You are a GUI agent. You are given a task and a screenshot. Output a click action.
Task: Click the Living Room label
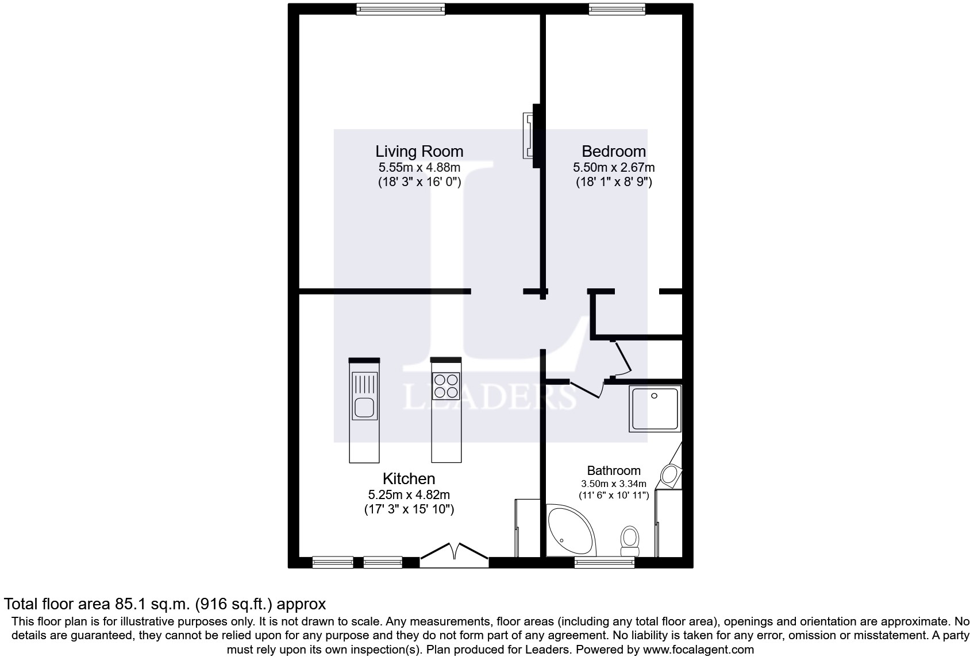coord(419,152)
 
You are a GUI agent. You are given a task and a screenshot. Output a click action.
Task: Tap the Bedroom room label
coord(613,152)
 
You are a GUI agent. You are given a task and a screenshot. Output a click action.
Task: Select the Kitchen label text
coord(409,479)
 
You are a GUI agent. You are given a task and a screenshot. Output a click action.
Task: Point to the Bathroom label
coord(613,471)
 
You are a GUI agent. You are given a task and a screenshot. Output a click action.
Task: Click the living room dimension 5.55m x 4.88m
coord(419,168)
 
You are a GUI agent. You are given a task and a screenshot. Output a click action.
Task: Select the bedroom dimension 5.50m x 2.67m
coord(613,168)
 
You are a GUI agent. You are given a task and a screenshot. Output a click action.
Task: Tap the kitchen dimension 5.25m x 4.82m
coord(409,494)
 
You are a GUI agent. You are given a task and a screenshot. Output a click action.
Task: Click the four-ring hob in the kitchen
coord(446,387)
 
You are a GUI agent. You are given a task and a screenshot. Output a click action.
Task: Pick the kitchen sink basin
coord(364,408)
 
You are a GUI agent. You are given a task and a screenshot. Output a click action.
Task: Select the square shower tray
coord(655,408)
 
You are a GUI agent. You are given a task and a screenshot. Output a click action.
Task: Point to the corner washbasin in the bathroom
coord(670,475)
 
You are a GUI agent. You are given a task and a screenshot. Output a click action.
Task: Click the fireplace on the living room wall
coord(528,136)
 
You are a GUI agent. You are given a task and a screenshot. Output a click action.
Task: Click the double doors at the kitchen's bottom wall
coord(455,552)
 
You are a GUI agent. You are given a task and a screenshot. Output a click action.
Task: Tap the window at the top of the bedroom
coord(617,9)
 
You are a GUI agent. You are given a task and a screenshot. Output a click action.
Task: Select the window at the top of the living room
coord(400,9)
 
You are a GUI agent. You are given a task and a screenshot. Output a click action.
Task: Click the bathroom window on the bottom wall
coord(604,562)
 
